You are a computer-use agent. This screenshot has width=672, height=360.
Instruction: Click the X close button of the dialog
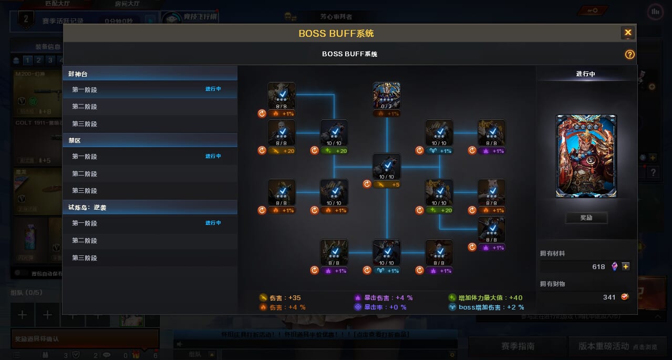click(628, 33)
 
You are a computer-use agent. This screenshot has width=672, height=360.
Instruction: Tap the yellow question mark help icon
click(629, 55)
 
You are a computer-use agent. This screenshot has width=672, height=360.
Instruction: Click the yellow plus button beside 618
click(626, 266)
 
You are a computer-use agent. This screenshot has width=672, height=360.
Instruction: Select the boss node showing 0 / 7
click(387, 96)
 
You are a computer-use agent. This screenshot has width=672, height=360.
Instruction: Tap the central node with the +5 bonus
click(387, 167)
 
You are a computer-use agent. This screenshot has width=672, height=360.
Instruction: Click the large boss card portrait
click(586, 156)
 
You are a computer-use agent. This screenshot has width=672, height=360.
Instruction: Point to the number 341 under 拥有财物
click(609, 297)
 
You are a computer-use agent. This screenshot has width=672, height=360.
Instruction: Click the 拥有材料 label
click(553, 253)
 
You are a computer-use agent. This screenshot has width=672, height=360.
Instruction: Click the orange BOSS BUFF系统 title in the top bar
click(336, 33)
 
